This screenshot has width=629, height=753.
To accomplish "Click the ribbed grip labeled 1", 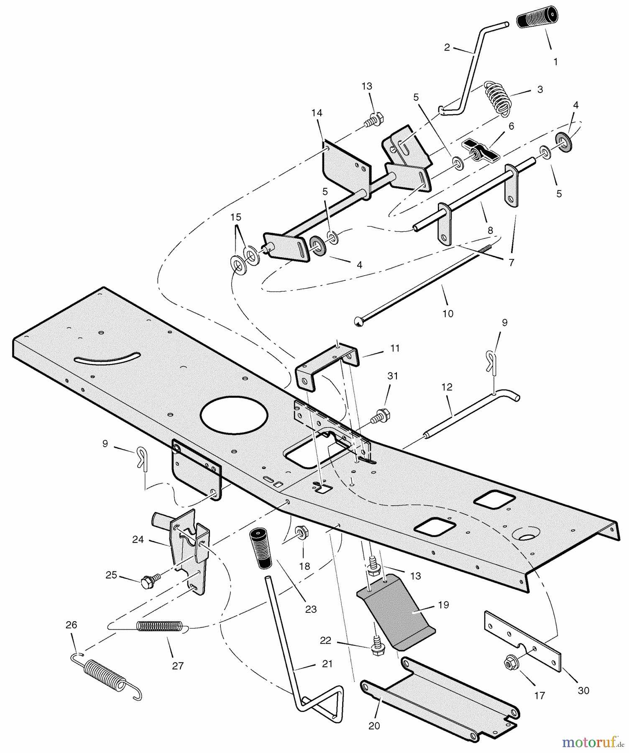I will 537,18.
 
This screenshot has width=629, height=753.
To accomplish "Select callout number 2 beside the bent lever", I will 447,48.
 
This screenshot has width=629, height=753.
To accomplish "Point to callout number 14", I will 317,113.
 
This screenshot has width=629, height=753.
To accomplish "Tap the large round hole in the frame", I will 234,415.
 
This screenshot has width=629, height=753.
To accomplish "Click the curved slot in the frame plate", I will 107,359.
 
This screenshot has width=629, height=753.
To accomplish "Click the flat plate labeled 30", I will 523,641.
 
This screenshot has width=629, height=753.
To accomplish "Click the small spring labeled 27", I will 160,626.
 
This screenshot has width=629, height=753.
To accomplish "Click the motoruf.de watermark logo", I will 593,742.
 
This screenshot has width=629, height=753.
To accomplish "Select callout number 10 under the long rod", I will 447,313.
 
